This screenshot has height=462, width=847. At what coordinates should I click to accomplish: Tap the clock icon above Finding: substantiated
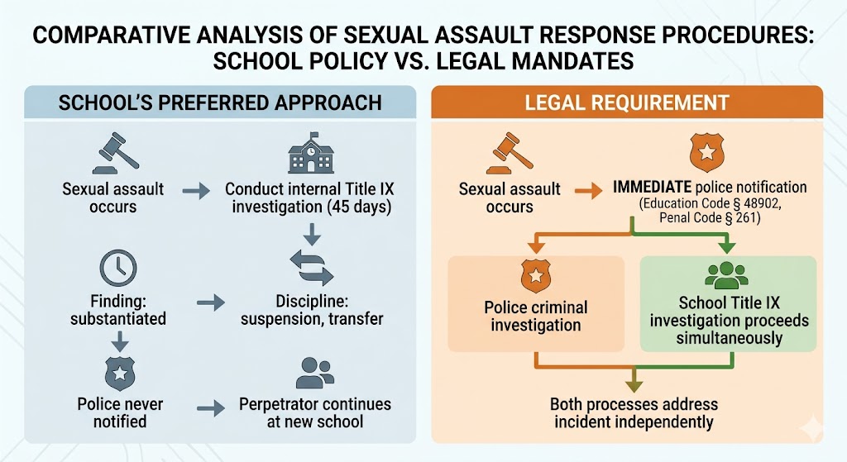(x=117, y=268)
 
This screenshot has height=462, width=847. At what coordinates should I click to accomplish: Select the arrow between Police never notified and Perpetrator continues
(x=212, y=407)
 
